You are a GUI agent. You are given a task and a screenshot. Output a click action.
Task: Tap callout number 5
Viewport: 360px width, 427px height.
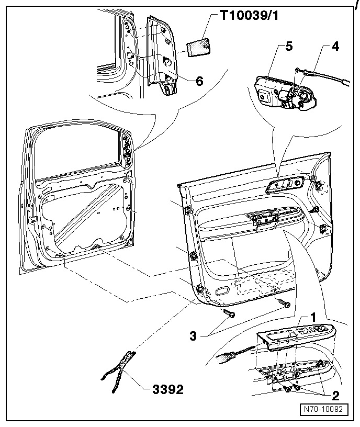(289, 47)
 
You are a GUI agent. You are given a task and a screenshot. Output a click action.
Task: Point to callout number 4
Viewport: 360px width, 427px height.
(335, 46)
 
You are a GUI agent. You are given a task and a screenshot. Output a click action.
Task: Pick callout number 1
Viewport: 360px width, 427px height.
(313, 317)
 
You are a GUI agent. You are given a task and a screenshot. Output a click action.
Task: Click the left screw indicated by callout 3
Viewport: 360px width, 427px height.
(229, 313)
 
